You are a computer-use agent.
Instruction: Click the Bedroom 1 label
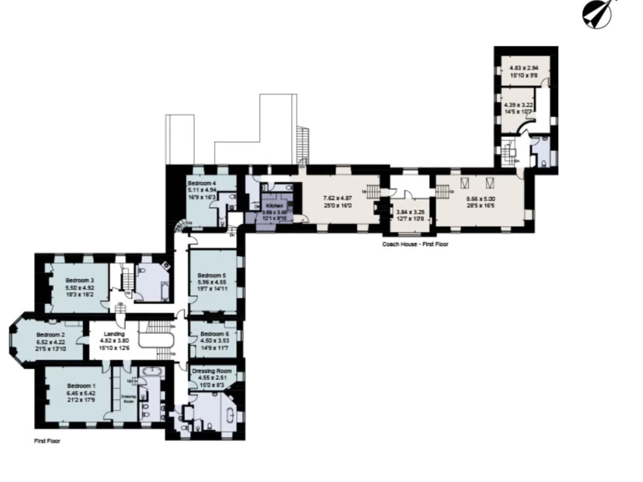coord(81,386)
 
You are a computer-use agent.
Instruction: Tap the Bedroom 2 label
coord(50,335)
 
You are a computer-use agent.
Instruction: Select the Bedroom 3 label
coord(79,280)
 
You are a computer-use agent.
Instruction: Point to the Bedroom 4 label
coord(202,183)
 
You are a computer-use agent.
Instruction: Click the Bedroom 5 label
coord(211,275)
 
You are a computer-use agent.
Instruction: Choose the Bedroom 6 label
coord(214,334)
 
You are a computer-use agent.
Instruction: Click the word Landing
coord(114,334)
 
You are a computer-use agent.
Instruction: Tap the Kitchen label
coord(274,206)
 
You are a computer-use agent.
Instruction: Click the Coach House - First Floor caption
coord(415,244)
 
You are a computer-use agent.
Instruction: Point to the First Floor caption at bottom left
coord(47,441)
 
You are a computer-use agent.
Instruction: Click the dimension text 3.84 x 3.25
coord(410,212)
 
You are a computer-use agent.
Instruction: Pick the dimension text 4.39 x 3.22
coord(518,105)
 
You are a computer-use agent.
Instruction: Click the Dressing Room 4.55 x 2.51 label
coord(212,374)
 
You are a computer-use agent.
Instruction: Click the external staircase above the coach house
coord(303,144)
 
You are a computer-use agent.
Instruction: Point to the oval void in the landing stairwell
coord(156,341)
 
